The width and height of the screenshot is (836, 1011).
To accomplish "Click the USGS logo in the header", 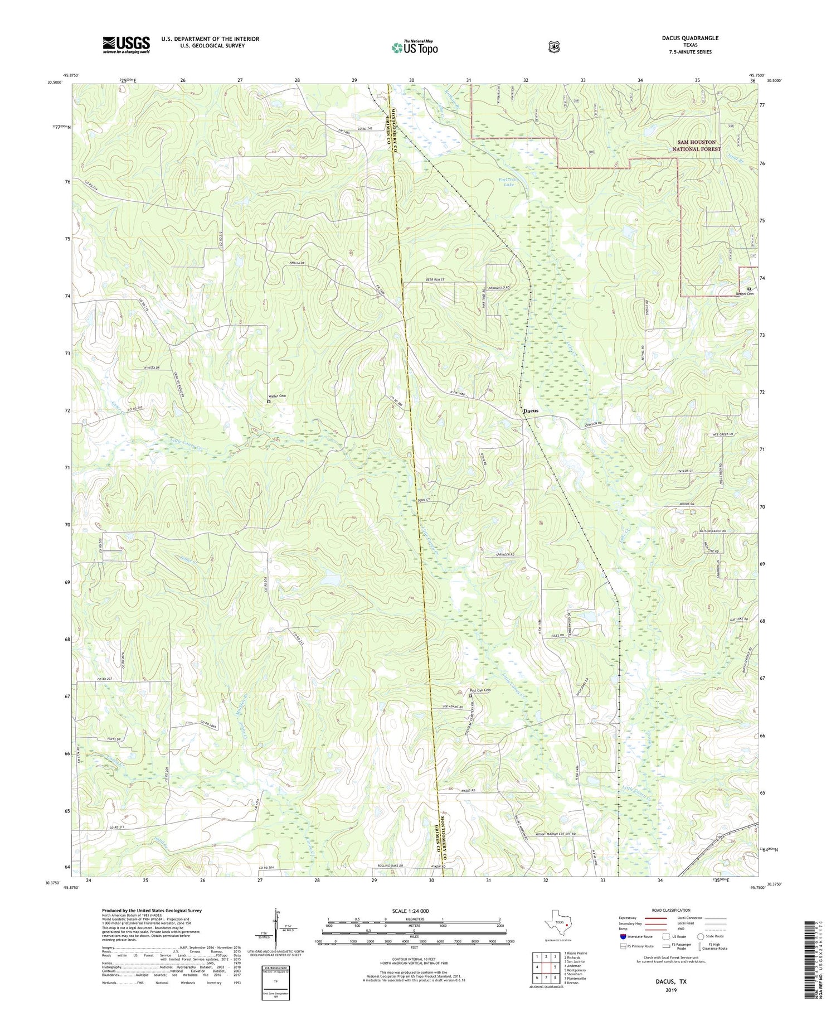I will coord(126,45).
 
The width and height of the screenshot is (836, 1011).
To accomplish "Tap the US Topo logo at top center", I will coord(415,47).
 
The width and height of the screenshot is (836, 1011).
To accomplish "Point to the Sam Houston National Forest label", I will coord(696,146).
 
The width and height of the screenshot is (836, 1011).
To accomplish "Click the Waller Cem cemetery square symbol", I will coord(269,402).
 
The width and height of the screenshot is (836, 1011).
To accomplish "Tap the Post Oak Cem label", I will coord(480,690).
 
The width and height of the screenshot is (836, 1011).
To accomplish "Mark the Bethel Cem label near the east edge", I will coord(745,294).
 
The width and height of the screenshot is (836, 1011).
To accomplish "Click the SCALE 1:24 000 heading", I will coord(414,911).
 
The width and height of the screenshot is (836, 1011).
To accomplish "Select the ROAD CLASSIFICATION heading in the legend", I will coord(666,910).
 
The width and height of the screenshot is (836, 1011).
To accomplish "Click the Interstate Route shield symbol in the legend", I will coord(623,936).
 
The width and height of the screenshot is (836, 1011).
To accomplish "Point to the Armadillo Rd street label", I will coord(500,287).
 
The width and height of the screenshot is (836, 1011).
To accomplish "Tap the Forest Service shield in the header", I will coord(553,47).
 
